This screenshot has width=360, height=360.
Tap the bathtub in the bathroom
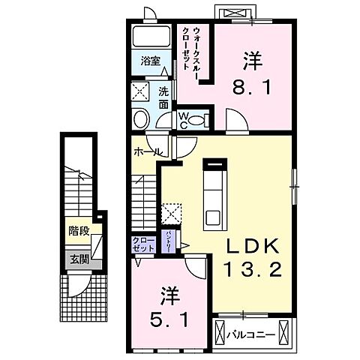coord(148,37)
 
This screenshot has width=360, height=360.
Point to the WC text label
coord(181,121)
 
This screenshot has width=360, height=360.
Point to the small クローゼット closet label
coord(142,244)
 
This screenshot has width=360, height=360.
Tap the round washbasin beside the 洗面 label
coord(142,119)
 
